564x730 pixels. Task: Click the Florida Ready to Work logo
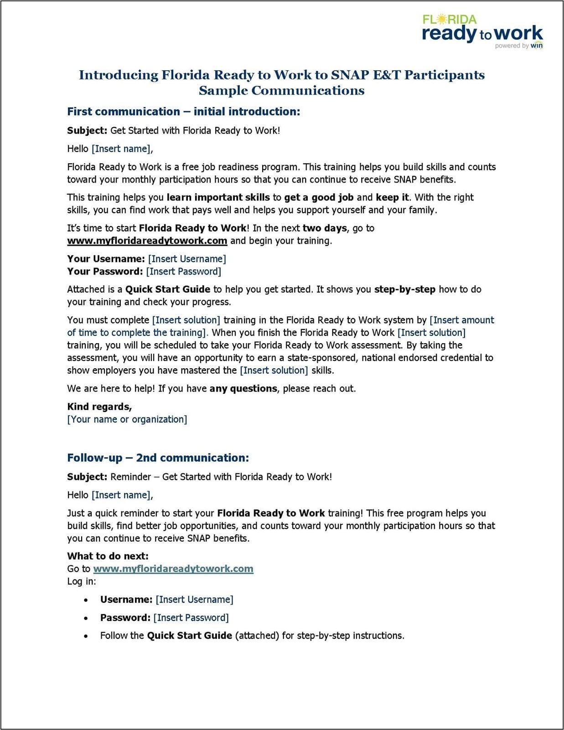[x=482, y=31]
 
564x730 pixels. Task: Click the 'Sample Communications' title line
[x=281, y=90]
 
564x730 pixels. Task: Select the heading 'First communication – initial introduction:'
[x=183, y=112]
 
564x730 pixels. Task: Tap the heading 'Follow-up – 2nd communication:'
[x=158, y=458]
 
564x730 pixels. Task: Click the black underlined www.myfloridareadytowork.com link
[x=147, y=241]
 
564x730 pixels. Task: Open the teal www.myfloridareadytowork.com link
[x=173, y=569]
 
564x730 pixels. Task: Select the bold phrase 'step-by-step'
[x=404, y=289]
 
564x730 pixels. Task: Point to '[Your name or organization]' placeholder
[x=127, y=419]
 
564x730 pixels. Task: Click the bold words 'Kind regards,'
[x=99, y=407]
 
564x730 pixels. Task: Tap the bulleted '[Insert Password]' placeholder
[x=191, y=618]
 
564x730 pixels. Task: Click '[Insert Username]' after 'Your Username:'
[x=186, y=259]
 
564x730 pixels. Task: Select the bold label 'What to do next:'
[x=108, y=556]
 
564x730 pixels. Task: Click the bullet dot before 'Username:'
[x=86, y=600]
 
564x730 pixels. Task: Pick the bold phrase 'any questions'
[x=243, y=389]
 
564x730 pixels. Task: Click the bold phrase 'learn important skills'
[x=218, y=198]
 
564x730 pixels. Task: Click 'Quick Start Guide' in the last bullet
[x=189, y=636]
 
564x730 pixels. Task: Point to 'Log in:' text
[x=82, y=581]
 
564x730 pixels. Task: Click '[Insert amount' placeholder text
[x=461, y=320]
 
